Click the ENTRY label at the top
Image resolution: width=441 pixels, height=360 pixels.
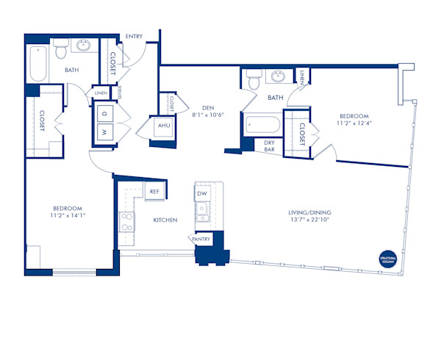pyautogui.click(x=135, y=36)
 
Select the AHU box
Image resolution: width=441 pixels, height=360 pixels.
pyautogui.click(x=162, y=126)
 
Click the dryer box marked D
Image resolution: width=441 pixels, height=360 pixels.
pyautogui.click(x=104, y=114)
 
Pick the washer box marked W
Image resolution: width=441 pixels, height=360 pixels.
pyautogui.click(x=104, y=133)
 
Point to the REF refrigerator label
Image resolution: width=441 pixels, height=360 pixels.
pyautogui.click(x=154, y=192)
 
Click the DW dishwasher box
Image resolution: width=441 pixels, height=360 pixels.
pyautogui.click(x=201, y=193)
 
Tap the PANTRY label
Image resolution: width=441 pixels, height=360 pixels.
pyautogui.click(x=201, y=240)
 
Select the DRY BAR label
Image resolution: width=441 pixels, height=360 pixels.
pyautogui.click(x=269, y=145)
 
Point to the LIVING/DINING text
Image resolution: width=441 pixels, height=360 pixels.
pyautogui.click(x=311, y=213)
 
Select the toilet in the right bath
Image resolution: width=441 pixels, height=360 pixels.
pyautogui.click(x=253, y=78)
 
